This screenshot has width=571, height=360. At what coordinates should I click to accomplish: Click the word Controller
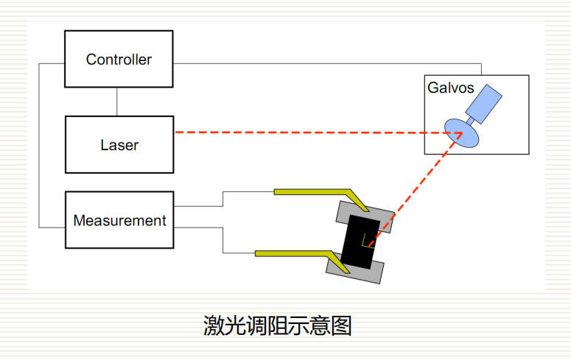[119, 60]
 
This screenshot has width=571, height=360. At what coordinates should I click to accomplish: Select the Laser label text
[119, 145]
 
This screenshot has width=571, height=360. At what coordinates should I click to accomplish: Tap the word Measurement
[119, 220]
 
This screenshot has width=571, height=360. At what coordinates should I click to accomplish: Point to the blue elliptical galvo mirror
[461, 133]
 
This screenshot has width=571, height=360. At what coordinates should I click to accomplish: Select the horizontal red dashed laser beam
[309, 133]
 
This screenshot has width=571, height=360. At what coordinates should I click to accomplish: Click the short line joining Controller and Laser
[118, 102]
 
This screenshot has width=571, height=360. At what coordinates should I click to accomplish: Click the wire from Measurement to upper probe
[223, 199]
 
